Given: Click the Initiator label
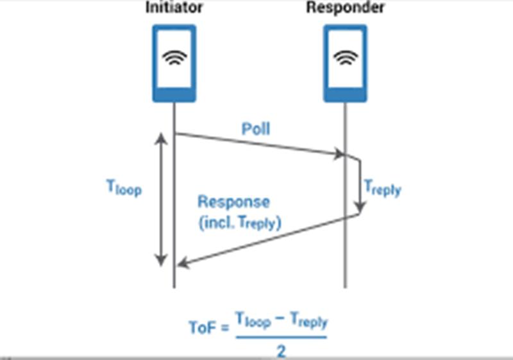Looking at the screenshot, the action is pyautogui.click(x=174, y=7).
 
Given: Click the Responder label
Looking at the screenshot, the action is pyautogui.click(x=345, y=7).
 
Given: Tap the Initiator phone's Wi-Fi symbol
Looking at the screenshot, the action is pyautogui.click(x=174, y=57).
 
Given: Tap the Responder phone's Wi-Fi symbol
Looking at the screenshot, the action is pyautogui.click(x=346, y=57).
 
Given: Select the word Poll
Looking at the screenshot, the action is pyautogui.click(x=256, y=128).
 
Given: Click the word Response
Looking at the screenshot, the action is pyautogui.click(x=233, y=202).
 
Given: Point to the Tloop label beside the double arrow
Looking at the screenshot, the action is pyautogui.click(x=124, y=188).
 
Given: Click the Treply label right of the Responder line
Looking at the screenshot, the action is pyautogui.click(x=382, y=188).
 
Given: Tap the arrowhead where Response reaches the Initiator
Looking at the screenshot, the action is pyautogui.click(x=183, y=262).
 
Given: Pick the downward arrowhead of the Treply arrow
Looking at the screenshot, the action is pyautogui.click(x=360, y=207).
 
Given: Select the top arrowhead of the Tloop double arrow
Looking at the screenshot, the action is pyautogui.click(x=161, y=138).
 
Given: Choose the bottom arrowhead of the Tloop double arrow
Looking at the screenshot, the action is pyautogui.click(x=161, y=260).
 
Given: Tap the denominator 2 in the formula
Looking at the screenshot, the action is pyautogui.click(x=282, y=352).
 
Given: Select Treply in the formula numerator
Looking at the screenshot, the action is pyautogui.click(x=309, y=320).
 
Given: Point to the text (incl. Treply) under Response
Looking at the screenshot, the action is pyautogui.click(x=240, y=223).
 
